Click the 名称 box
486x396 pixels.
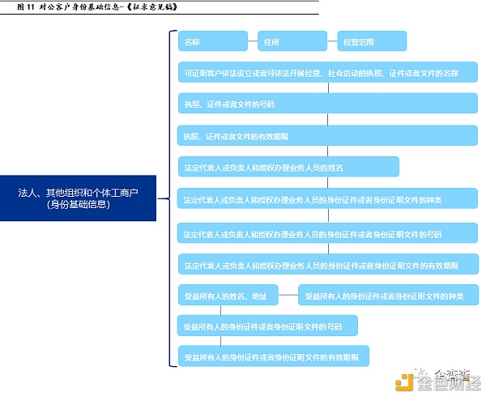pos(213,40)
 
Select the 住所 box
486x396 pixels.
pos(291,40)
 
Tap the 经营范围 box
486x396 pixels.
pos(371,40)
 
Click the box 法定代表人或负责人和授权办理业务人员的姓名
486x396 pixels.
pos(288,167)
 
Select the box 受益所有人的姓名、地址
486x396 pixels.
pos(234,296)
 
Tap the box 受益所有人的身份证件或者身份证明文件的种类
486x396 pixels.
pos(388,296)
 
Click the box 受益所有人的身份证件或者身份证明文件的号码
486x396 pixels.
pos(267,326)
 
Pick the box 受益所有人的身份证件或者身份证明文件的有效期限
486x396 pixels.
pos(274,356)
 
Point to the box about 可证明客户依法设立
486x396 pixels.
pos(328,72)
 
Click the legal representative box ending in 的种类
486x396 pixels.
pos(328,198)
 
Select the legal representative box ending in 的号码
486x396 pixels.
pos(328,232)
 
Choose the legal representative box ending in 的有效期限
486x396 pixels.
pos(328,265)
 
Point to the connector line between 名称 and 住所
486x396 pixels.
pos(253,40)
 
